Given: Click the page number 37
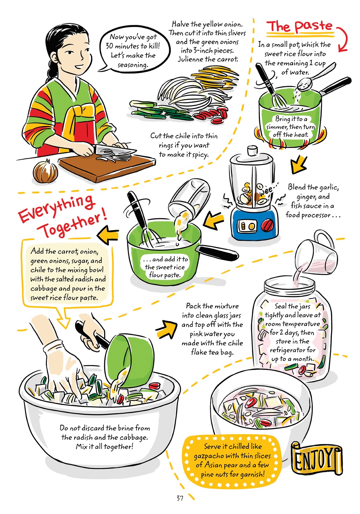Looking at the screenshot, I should tap(180, 498).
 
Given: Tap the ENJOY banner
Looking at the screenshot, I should tap(317, 459).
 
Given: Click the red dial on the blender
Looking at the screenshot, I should tap(268, 225).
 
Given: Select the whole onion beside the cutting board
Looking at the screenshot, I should tap(45, 172).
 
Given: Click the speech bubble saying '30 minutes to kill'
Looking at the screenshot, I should tap(132, 51).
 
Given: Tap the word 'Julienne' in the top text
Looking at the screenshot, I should tap(190, 59).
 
